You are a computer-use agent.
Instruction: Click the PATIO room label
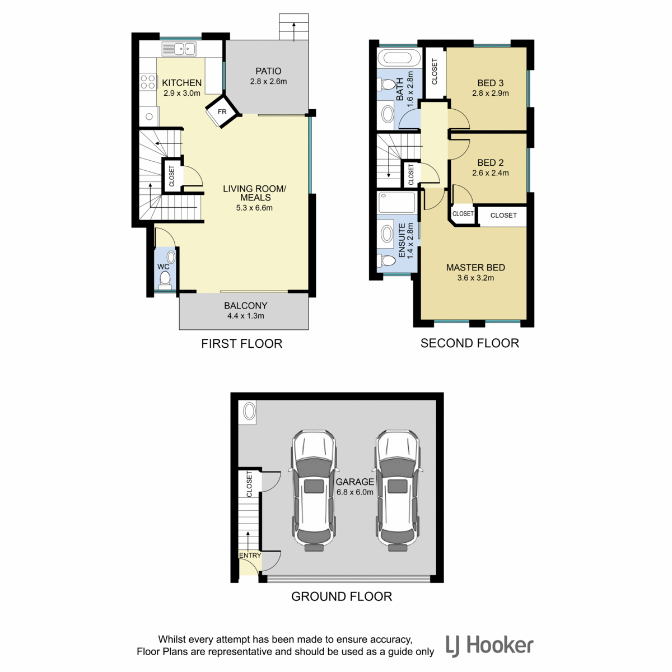(x=268, y=71)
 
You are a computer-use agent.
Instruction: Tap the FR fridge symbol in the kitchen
(x=222, y=111)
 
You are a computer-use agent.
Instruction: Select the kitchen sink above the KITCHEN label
(x=179, y=49)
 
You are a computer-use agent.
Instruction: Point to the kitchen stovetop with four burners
(x=147, y=82)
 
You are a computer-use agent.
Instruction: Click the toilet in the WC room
(x=165, y=279)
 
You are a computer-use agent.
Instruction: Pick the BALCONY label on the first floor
(x=245, y=306)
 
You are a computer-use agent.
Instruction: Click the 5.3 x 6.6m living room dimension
(x=254, y=208)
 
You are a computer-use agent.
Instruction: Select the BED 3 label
(x=491, y=83)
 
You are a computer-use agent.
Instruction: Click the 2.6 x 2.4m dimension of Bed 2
(x=491, y=173)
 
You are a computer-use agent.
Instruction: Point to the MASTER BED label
(x=475, y=268)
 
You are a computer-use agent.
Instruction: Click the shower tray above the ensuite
(x=397, y=202)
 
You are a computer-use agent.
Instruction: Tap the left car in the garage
(x=314, y=491)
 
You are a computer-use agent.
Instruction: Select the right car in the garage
(x=398, y=491)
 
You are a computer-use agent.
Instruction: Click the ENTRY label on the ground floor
(x=250, y=555)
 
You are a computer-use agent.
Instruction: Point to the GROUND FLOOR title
(x=342, y=596)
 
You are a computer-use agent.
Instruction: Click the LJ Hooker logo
(x=489, y=646)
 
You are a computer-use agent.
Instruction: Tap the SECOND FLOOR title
(x=469, y=343)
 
